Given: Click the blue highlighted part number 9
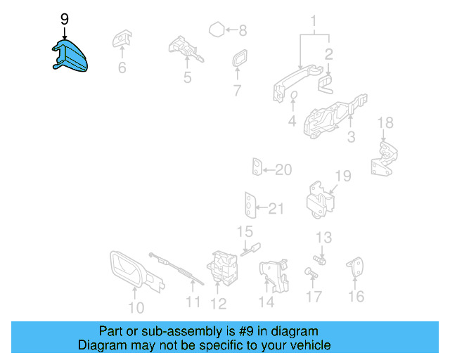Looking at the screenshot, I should [71, 57].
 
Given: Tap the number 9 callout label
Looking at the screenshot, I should [65, 19].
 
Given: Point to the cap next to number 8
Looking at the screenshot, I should [217, 30].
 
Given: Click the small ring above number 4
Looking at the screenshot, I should [293, 97].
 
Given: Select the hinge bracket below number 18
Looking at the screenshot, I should [382, 161].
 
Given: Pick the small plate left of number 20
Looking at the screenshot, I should [257, 168].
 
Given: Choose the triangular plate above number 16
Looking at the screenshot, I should [356, 268].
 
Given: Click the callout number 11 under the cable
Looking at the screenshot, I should [193, 304].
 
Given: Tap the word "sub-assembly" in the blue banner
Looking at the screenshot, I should [167, 331].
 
